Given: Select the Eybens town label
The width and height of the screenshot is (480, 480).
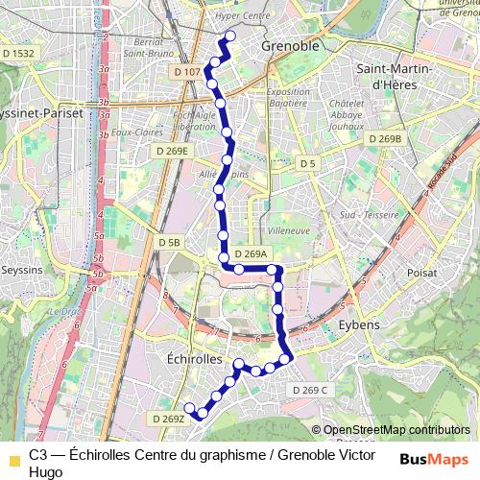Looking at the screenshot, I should tap(359, 325).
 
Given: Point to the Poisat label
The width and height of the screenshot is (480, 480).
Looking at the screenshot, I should tap(422, 273).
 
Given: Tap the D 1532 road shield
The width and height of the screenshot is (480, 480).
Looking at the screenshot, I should tap(17, 54).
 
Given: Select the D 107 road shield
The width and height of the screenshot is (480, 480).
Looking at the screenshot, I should tap(188, 72).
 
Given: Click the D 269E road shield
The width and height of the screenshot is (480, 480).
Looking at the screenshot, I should tap(173, 151).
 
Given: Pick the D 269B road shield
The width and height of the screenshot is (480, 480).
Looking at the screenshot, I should tap(384, 139).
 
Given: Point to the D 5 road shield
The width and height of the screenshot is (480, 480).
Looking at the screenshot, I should tap(307, 164).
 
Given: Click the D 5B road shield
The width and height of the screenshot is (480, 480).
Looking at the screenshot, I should tap(169, 242).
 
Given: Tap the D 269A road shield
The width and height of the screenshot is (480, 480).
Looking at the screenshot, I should tap(250, 254).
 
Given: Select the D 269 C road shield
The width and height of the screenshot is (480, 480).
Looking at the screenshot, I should tap(309, 390).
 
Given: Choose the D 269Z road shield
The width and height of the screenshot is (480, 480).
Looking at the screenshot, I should tap(167, 419).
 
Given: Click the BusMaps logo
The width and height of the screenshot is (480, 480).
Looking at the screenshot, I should tap(434, 460).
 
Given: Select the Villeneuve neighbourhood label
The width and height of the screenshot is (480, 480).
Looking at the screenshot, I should tap(289, 231).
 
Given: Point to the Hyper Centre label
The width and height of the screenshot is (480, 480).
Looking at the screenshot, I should tap(243, 16).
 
